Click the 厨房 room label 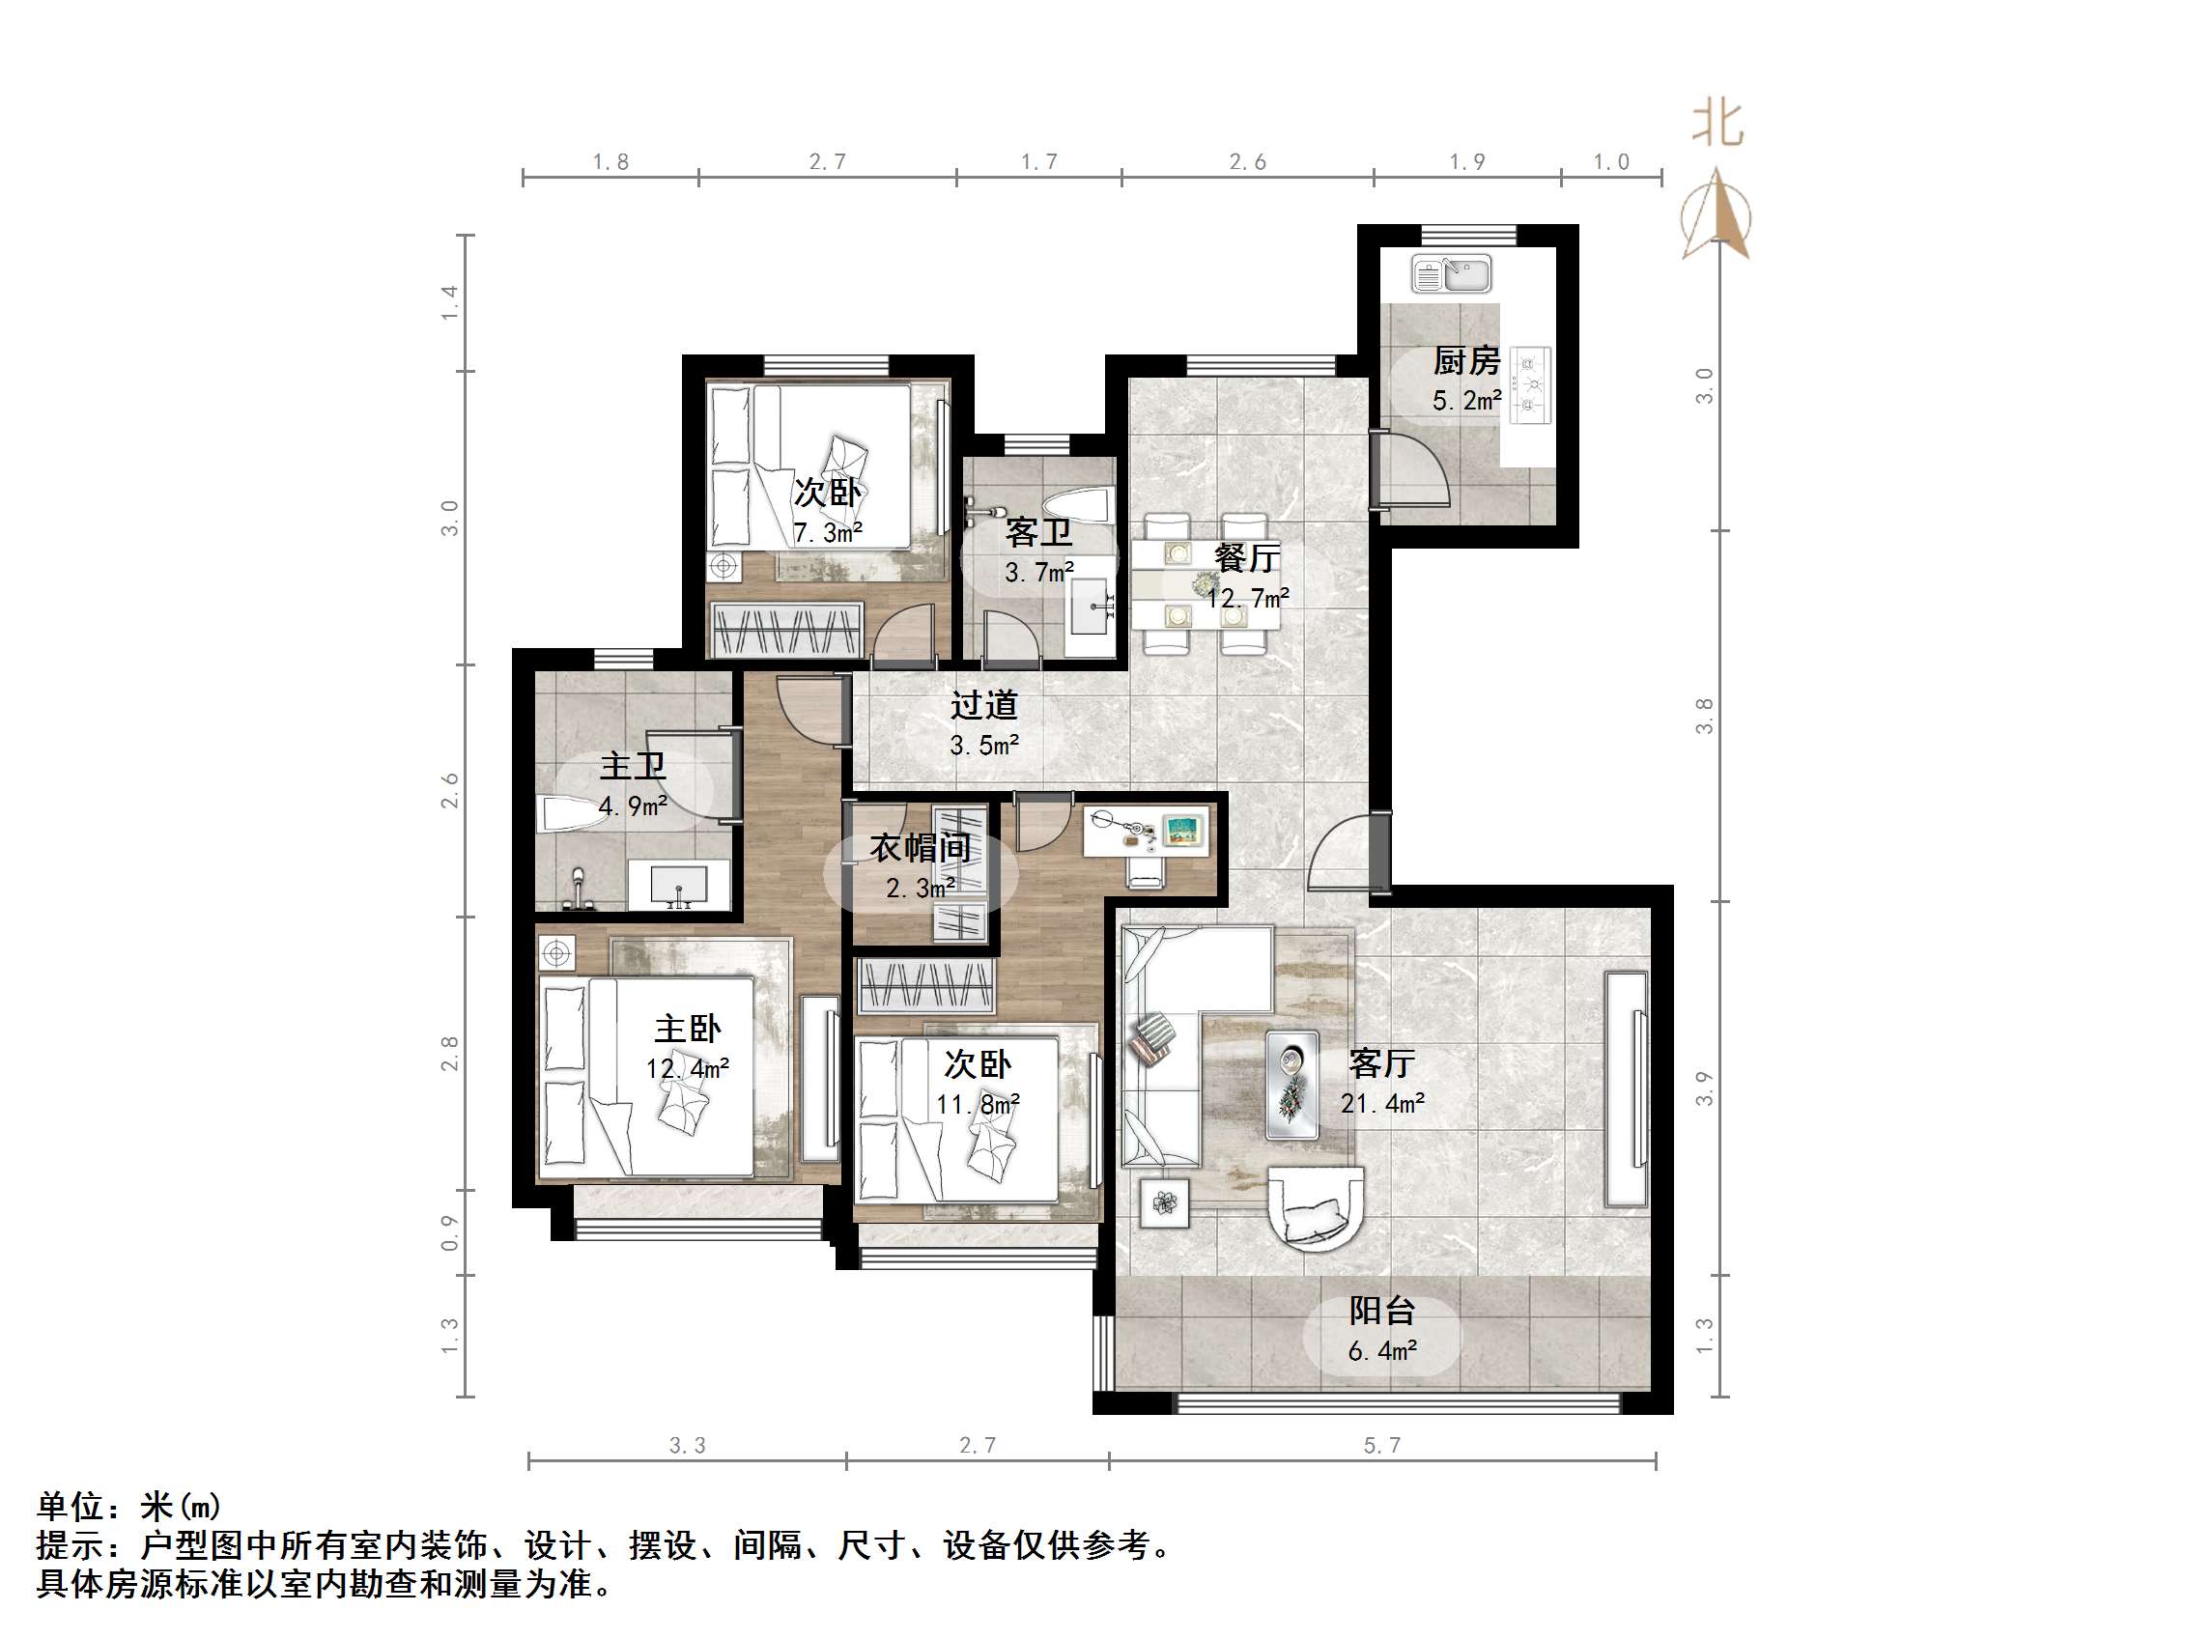click(x=1466, y=360)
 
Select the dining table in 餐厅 click(x=1206, y=585)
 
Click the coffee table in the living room click(x=1292, y=1084)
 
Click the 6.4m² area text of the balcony click(x=1382, y=1350)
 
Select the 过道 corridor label click(x=984, y=705)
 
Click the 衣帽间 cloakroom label click(x=920, y=848)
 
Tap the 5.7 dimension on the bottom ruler click(x=1382, y=1447)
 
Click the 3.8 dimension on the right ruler click(x=1704, y=717)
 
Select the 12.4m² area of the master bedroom click(x=688, y=1069)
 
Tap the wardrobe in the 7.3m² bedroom click(x=787, y=629)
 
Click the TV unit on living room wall click(x=1627, y=1089)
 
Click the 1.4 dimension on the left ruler click(x=450, y=302)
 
